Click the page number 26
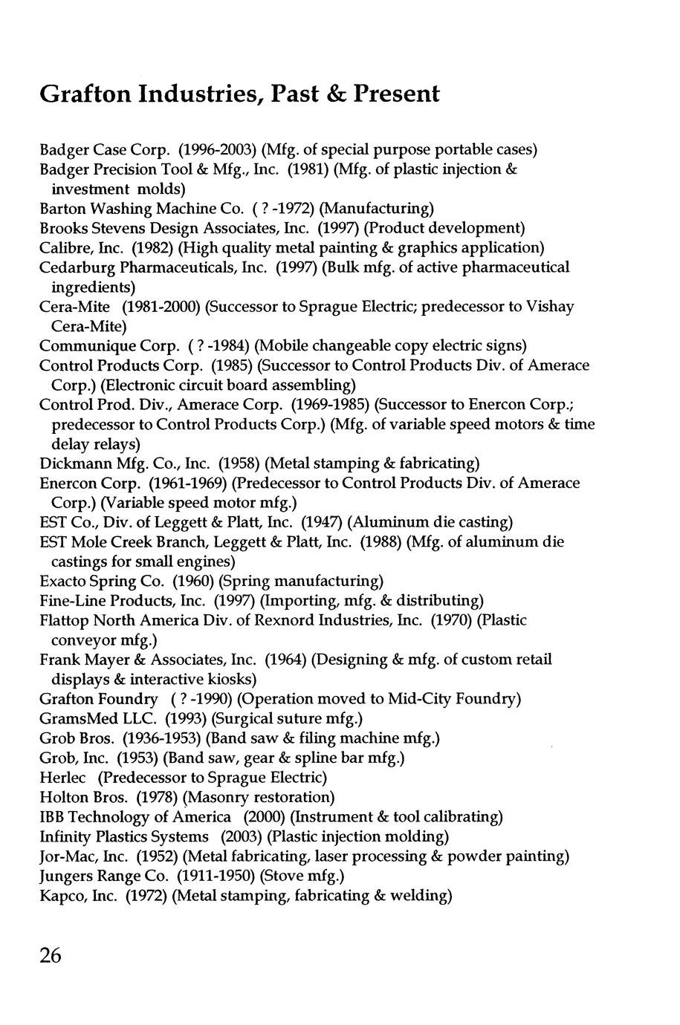point(51,955)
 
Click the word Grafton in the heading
point(83,95)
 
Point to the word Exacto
point(62,580)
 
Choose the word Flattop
point(62,620)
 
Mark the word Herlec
point(62,778)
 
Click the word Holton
point(62,798)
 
